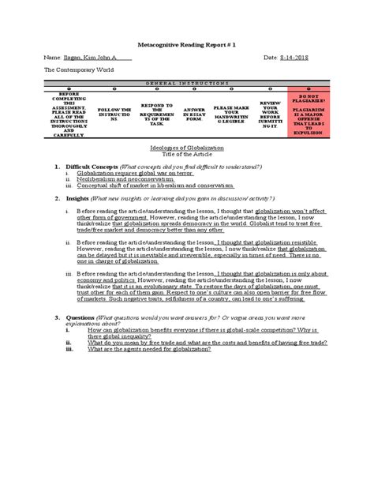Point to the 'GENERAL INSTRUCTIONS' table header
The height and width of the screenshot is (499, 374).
[186, 82]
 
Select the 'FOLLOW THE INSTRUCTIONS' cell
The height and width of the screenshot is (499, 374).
[111, 113]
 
